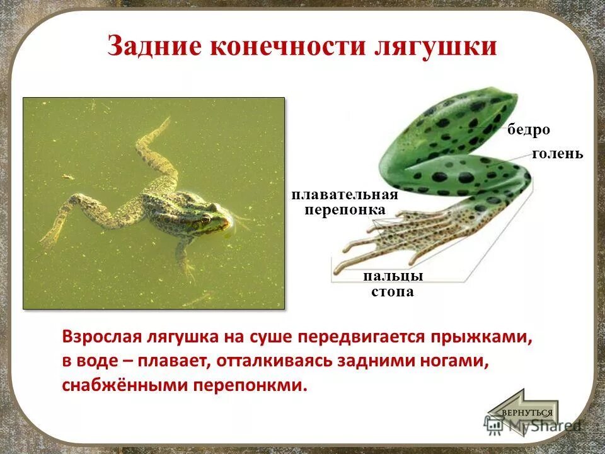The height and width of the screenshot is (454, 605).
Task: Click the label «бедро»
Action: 529,130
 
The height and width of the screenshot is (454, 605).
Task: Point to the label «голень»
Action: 558,153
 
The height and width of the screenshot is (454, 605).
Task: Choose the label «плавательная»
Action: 344,195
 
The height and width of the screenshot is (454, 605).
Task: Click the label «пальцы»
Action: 392,276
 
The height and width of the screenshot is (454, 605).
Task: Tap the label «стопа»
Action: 392,291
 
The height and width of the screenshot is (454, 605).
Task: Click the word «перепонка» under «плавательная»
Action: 344,209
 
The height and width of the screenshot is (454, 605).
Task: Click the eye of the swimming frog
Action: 205,219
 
